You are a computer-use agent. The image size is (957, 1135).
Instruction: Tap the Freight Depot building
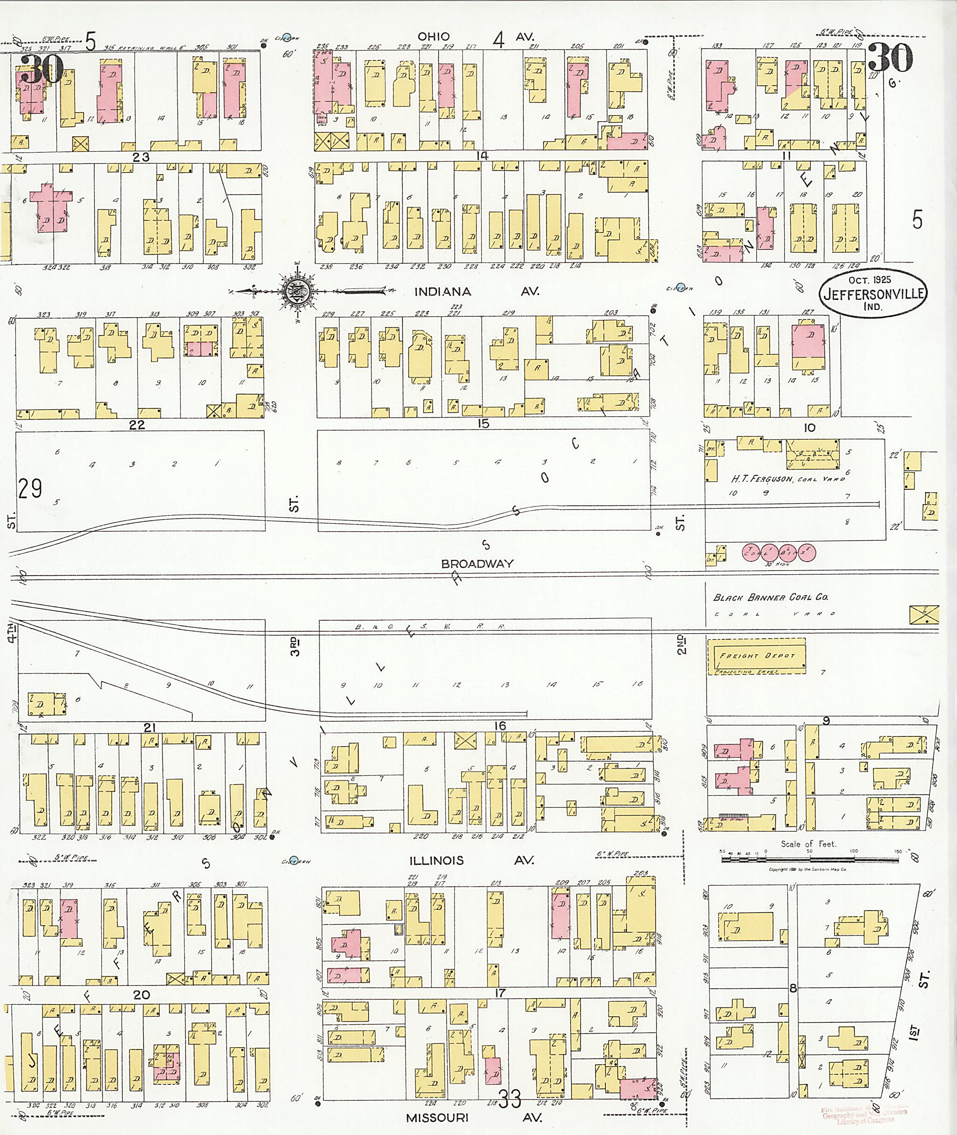click(x=756, y=657)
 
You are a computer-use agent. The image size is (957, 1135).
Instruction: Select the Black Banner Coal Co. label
click(x=771, y=597)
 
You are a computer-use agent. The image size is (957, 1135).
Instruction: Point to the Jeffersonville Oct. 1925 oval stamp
click(x=872, y=293)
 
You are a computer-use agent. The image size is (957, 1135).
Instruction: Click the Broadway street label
click(x=477, y=564)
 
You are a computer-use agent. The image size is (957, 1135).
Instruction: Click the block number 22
click(x=137, y=425)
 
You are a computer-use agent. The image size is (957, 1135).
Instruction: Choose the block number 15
click(x=483, y=424)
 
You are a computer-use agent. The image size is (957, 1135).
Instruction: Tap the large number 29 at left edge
click(x=29, y=489)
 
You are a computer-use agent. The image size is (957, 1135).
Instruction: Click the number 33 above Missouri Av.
click(x=509, y=1099)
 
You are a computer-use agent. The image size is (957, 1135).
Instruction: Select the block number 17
click(x=500, y=993)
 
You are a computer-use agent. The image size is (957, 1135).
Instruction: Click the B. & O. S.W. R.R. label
click(x=430, y=627)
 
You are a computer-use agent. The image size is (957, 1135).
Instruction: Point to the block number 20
click(x=142, y=994)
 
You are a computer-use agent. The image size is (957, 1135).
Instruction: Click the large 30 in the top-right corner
click(x=890, y=58)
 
